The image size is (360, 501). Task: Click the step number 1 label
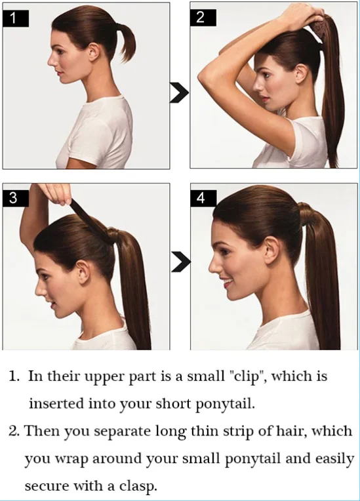tap(16, 18)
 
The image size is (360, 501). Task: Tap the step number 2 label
tap(203, 18)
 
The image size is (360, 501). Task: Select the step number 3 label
tap(16, 198)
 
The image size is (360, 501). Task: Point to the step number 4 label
tap(203, 198)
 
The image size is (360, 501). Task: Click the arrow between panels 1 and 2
tap(179, 92)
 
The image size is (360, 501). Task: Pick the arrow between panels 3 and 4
tap(181, 262)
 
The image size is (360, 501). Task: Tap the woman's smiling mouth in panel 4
tap(227, 283)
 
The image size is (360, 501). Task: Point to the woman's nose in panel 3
tap(40, 289)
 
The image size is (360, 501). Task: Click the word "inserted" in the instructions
tap(56, 403)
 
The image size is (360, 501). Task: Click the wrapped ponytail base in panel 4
tap(308, 213)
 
